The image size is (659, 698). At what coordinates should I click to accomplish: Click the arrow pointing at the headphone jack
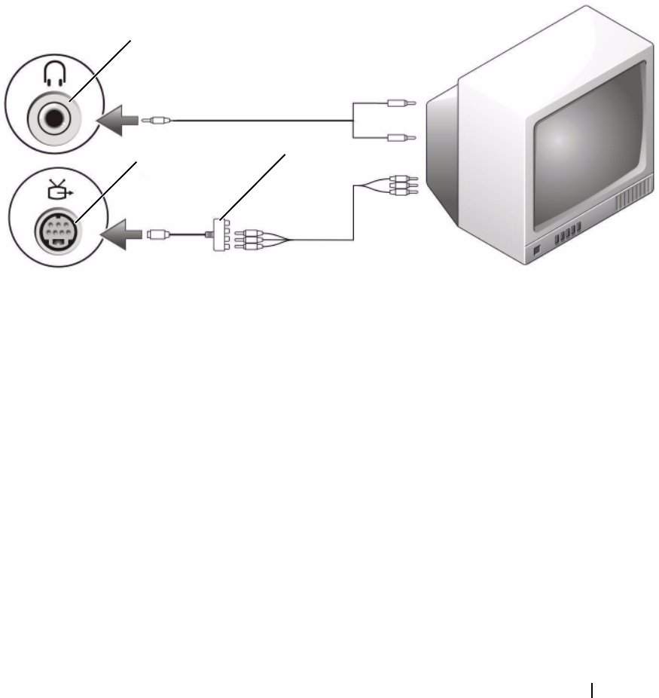[x=120, y=120]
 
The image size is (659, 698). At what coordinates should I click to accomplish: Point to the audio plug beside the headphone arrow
[x=160, y=119]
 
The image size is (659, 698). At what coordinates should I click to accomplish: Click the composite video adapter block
[x=220, y=234]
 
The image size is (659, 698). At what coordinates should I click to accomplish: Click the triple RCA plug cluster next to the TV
[x=401, y=185]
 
